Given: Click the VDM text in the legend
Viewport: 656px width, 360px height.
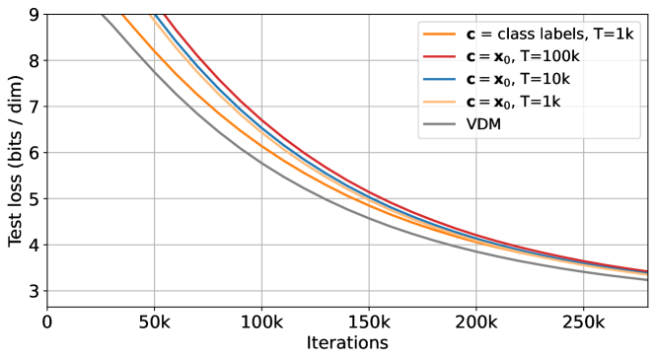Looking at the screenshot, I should coord(483,125).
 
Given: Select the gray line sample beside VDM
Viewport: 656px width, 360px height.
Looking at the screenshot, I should coord(440,125).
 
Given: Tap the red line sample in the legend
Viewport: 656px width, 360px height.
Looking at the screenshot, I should coord(440,57).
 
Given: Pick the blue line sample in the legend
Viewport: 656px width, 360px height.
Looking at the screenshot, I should coord(440,80).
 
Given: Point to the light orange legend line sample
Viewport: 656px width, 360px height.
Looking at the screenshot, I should coord(440,103).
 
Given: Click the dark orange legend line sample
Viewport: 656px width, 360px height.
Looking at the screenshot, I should coord(440,35).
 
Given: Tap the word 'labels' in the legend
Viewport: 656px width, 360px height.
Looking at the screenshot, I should coord(562,35).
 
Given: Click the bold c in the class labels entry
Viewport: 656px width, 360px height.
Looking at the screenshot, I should coord(471,35).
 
